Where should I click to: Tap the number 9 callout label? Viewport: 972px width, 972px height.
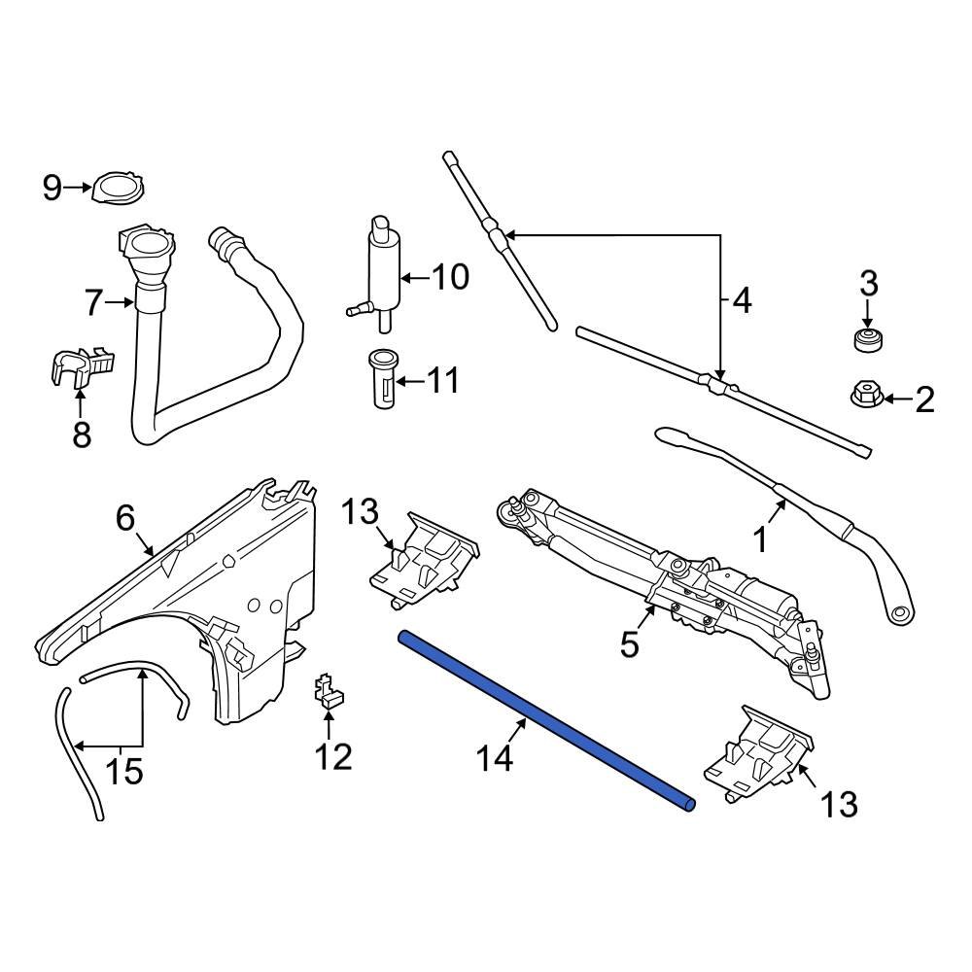[52, 187]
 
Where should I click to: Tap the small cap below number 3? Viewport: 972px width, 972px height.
[867, 340]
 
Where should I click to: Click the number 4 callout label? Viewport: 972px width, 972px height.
[742, 302]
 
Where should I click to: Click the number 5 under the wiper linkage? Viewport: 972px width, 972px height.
[630, 643]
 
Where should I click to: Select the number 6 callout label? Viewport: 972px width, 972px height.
[125, 519]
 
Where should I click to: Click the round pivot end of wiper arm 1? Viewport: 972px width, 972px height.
[900, 613]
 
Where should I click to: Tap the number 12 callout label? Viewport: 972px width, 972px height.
[333, 756]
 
